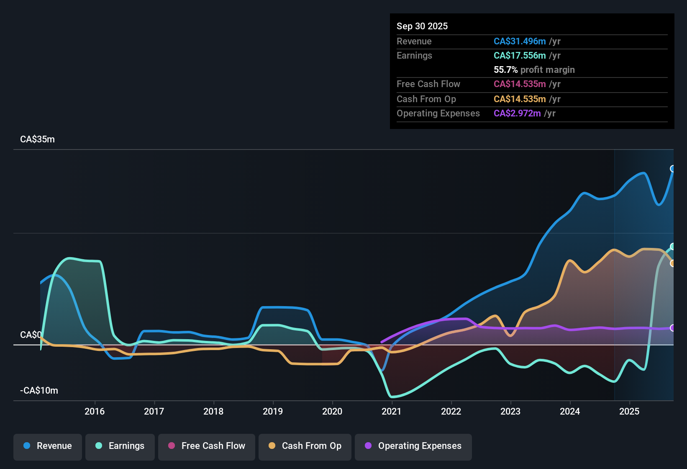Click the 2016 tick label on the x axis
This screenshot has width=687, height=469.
point(95,411)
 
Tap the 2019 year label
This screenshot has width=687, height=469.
point(273,411)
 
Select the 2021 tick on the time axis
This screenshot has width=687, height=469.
point(392,411)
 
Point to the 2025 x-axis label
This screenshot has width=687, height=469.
point(629,411)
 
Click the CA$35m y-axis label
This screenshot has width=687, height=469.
point(37,139)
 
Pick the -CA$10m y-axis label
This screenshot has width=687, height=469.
point(39,391)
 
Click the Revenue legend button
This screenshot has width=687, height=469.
point(48,446)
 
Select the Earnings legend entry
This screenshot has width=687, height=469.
point(120,446)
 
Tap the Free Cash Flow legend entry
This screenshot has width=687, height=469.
point(207,446)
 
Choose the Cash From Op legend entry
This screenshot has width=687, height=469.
point(305,446)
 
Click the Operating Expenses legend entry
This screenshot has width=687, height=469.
point(413,446)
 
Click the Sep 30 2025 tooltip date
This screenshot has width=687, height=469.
point(422,26)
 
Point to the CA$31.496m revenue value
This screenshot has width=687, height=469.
point(520,41)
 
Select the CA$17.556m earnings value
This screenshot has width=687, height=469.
point(520,55)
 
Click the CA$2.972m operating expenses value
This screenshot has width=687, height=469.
point(517,113)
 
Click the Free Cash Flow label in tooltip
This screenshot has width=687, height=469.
point(428,84)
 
